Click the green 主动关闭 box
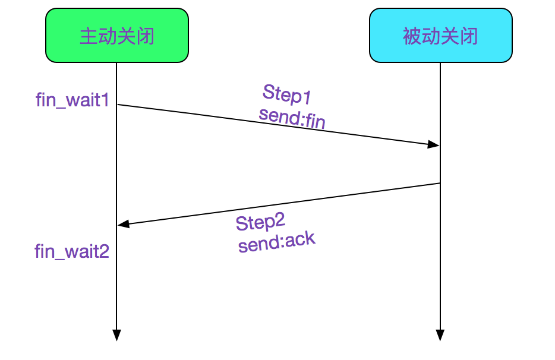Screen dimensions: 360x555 tap(117, 36)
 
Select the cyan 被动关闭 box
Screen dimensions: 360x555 tap(440, 36)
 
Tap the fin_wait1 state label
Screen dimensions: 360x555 tap(72, 100)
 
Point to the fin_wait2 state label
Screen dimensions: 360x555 tap(72, 251)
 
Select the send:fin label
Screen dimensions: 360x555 tap(292, 118)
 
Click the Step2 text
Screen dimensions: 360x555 tap(260, 223)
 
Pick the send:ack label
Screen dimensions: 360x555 tap(276, 242)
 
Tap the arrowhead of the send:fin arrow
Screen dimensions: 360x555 tap(434, 144)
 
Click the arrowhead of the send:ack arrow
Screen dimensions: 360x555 tap(123, 224)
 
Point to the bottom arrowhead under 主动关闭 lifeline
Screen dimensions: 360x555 tap(116, 335)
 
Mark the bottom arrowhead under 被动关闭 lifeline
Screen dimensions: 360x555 tap(440, 335)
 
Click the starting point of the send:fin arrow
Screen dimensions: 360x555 tap(118, 105)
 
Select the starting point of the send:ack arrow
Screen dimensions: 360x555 tap(439, 184)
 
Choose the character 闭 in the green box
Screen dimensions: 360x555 tap(146, 36)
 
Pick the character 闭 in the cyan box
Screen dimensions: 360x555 tap(469, 36)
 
